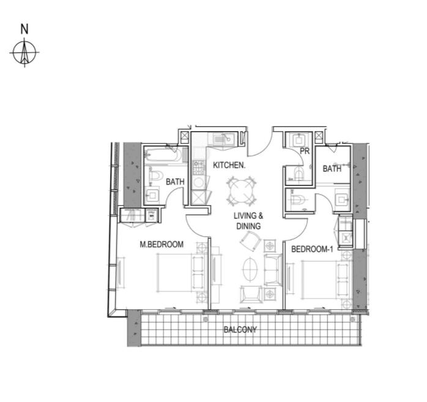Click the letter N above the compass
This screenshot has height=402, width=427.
[x=24, y=29]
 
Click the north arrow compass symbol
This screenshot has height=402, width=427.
[x=24, y=53]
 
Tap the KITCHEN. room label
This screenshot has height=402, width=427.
[x=229, y=165]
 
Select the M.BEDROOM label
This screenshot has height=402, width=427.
[x=162, y=244]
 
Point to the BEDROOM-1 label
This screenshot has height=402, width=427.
[x=312, y=249]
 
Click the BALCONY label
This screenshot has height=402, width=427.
[x=240, y=330]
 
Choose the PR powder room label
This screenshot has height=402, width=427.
[x=305, y=152]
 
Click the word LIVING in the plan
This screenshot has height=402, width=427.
[x=245, y=216]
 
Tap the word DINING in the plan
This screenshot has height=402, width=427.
[x=248, y=226]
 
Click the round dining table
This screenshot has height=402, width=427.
[x=242, y=191]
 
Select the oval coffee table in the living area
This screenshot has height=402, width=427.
[x=250, y=269]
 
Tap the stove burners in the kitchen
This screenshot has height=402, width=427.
[x=198, y=167]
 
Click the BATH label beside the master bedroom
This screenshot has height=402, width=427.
[x=175, y=181]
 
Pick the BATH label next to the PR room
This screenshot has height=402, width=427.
[x=332, y=169]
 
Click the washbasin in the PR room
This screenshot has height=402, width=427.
[x=299, y=141]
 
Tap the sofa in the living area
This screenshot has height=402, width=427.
[x=273, y=269]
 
